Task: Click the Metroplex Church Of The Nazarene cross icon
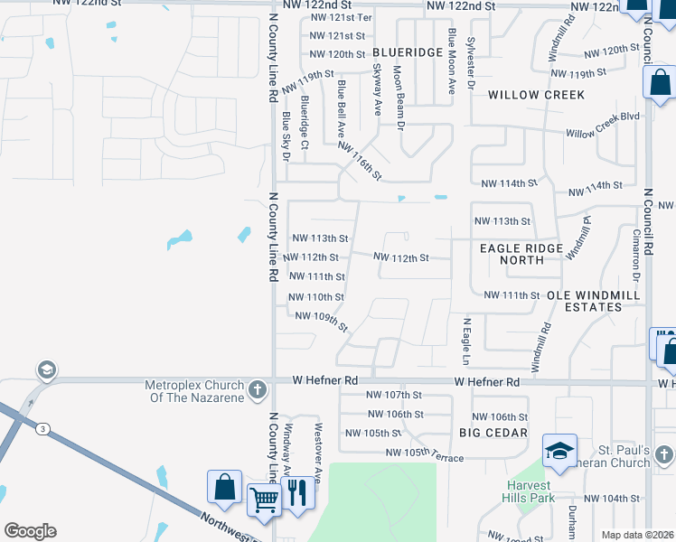point(258,390)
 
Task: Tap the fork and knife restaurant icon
point(296,492)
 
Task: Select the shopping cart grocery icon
point(264,499)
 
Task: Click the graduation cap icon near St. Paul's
point(559,450)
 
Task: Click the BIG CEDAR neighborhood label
point(493,433)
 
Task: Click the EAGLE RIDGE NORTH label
point(521,254)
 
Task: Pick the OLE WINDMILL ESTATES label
point(592,301)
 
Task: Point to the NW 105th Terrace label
point(424,455)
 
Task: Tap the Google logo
point(31,531)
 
